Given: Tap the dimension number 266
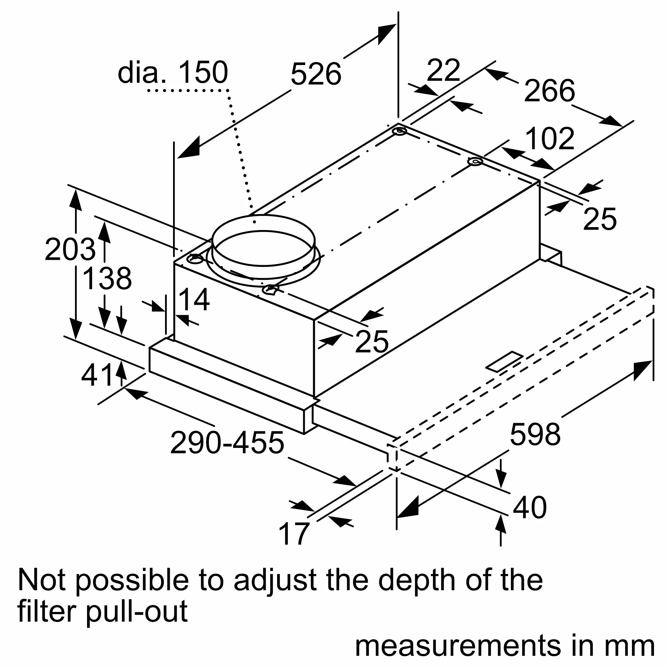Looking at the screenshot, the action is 550,90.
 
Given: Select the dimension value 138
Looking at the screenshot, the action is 107,278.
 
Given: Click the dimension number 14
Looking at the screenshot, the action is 194,299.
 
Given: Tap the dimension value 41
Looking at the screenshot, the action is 97,375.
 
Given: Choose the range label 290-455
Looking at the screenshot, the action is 227,443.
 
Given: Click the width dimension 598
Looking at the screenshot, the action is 535,434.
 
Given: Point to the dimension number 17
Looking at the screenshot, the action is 293,534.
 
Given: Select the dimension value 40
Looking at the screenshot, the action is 530,507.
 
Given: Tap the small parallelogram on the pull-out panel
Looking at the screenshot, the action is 505,362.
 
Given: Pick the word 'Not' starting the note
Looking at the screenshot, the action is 41,580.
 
